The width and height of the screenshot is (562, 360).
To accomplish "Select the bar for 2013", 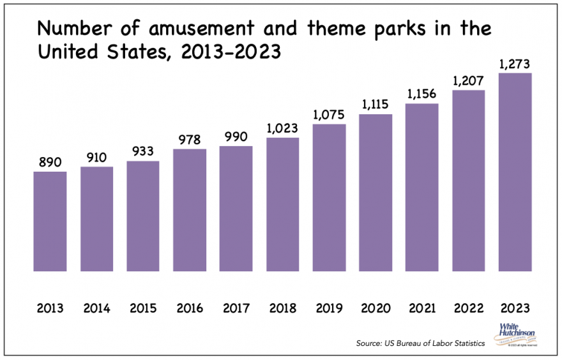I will coord(50,221).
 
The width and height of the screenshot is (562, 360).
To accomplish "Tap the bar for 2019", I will coord(329,197).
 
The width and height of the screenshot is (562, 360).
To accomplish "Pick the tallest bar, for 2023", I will coord(515,172).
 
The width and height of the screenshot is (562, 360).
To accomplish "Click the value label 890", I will coord(50,163).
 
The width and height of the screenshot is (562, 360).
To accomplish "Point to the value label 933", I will coord(143,152).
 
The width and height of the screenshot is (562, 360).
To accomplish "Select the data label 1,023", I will coord(282,128).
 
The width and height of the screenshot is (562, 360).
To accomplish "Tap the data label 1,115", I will coord(376,105).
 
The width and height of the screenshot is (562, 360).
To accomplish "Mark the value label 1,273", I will coord(515,64).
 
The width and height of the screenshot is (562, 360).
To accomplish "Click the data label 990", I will coord(236,137).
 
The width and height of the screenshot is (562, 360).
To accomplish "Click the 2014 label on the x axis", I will coord(96,309).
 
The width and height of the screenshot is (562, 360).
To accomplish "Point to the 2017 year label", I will coord(236,309).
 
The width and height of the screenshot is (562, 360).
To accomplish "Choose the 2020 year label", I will coord(376,309).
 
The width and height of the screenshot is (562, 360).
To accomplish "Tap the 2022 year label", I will coord(468,309).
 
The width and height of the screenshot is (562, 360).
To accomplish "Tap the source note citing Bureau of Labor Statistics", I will coord(420,343).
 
